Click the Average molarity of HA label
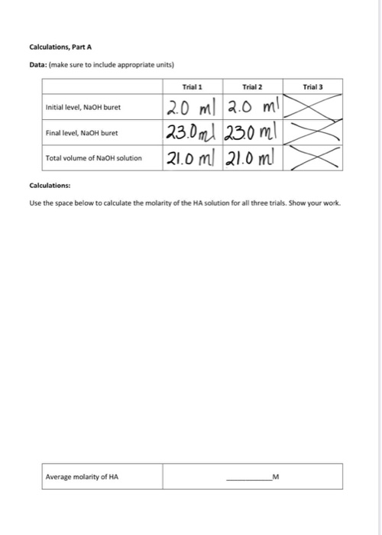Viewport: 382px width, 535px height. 83,477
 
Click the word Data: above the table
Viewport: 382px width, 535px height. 37,64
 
